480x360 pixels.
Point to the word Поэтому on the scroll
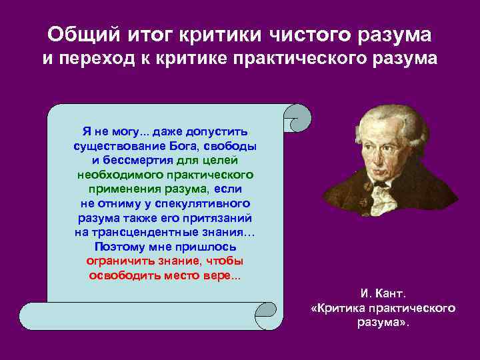pyautogui.click(x=119, y=246)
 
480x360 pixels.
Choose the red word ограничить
pyautogui.click(x=117, y=260)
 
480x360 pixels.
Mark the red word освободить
pyautogui.click(x=123, y=275)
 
